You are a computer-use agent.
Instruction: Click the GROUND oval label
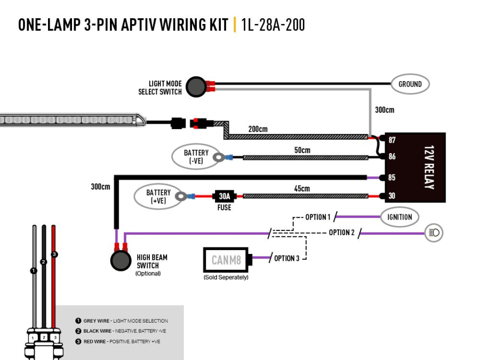click(x=410, y=84)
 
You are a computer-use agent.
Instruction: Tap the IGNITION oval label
click(x=399, y=217)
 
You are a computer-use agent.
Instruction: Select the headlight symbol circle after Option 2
click(x=434, y=233)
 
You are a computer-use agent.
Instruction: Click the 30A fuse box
click(x=224, y=196)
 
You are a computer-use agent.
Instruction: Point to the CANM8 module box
click(x=227, y=260)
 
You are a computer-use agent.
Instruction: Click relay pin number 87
click(x=392, y=140)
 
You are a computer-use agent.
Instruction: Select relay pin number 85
click(x=392, y=178)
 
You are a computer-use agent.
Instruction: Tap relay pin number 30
click(x=392, y=196)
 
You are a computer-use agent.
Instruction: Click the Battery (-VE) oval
click(x=196, y=157)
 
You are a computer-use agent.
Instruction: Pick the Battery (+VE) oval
click(x=158, y=196)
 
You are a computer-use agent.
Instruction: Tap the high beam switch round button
click(x=121, y=261)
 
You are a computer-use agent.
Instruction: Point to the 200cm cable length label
click(x=258, y=129)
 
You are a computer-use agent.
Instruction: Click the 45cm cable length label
click(x=302, y=188)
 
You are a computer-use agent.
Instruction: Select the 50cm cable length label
click(x=302, y=150)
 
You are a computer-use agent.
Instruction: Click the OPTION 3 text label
click(x=287, y=258)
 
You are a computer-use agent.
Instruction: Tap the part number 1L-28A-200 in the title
click(x=273, y=25)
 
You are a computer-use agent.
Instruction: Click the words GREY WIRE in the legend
click(x=97, y=321)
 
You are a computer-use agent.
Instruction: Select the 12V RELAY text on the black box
click(x=428, y=167)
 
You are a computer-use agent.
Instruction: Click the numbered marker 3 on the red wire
click(x=54, y=254)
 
